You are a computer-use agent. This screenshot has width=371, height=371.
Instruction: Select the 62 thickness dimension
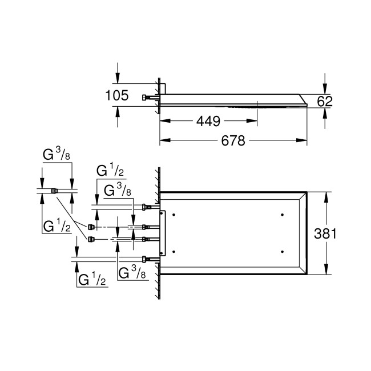(x=325, y=101)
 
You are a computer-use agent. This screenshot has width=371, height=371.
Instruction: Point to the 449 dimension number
(x=208, y=120)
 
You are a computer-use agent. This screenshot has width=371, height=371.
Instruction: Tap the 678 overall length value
(x=233, y=140)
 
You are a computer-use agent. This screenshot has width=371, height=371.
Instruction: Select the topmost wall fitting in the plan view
(x=146, y=207)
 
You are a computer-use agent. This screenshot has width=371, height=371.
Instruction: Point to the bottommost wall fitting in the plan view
(x=146, y=259)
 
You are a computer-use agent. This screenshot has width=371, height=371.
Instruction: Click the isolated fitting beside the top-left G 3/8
(x=54, y=191)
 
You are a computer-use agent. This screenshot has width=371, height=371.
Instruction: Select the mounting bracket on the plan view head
(x=164, y=233)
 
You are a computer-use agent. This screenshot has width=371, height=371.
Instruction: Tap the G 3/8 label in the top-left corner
(x=58, y=155)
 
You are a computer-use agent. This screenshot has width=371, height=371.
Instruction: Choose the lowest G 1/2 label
(x=91, y=280)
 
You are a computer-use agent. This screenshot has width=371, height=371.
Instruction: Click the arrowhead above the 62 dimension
(x=325, y=90)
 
